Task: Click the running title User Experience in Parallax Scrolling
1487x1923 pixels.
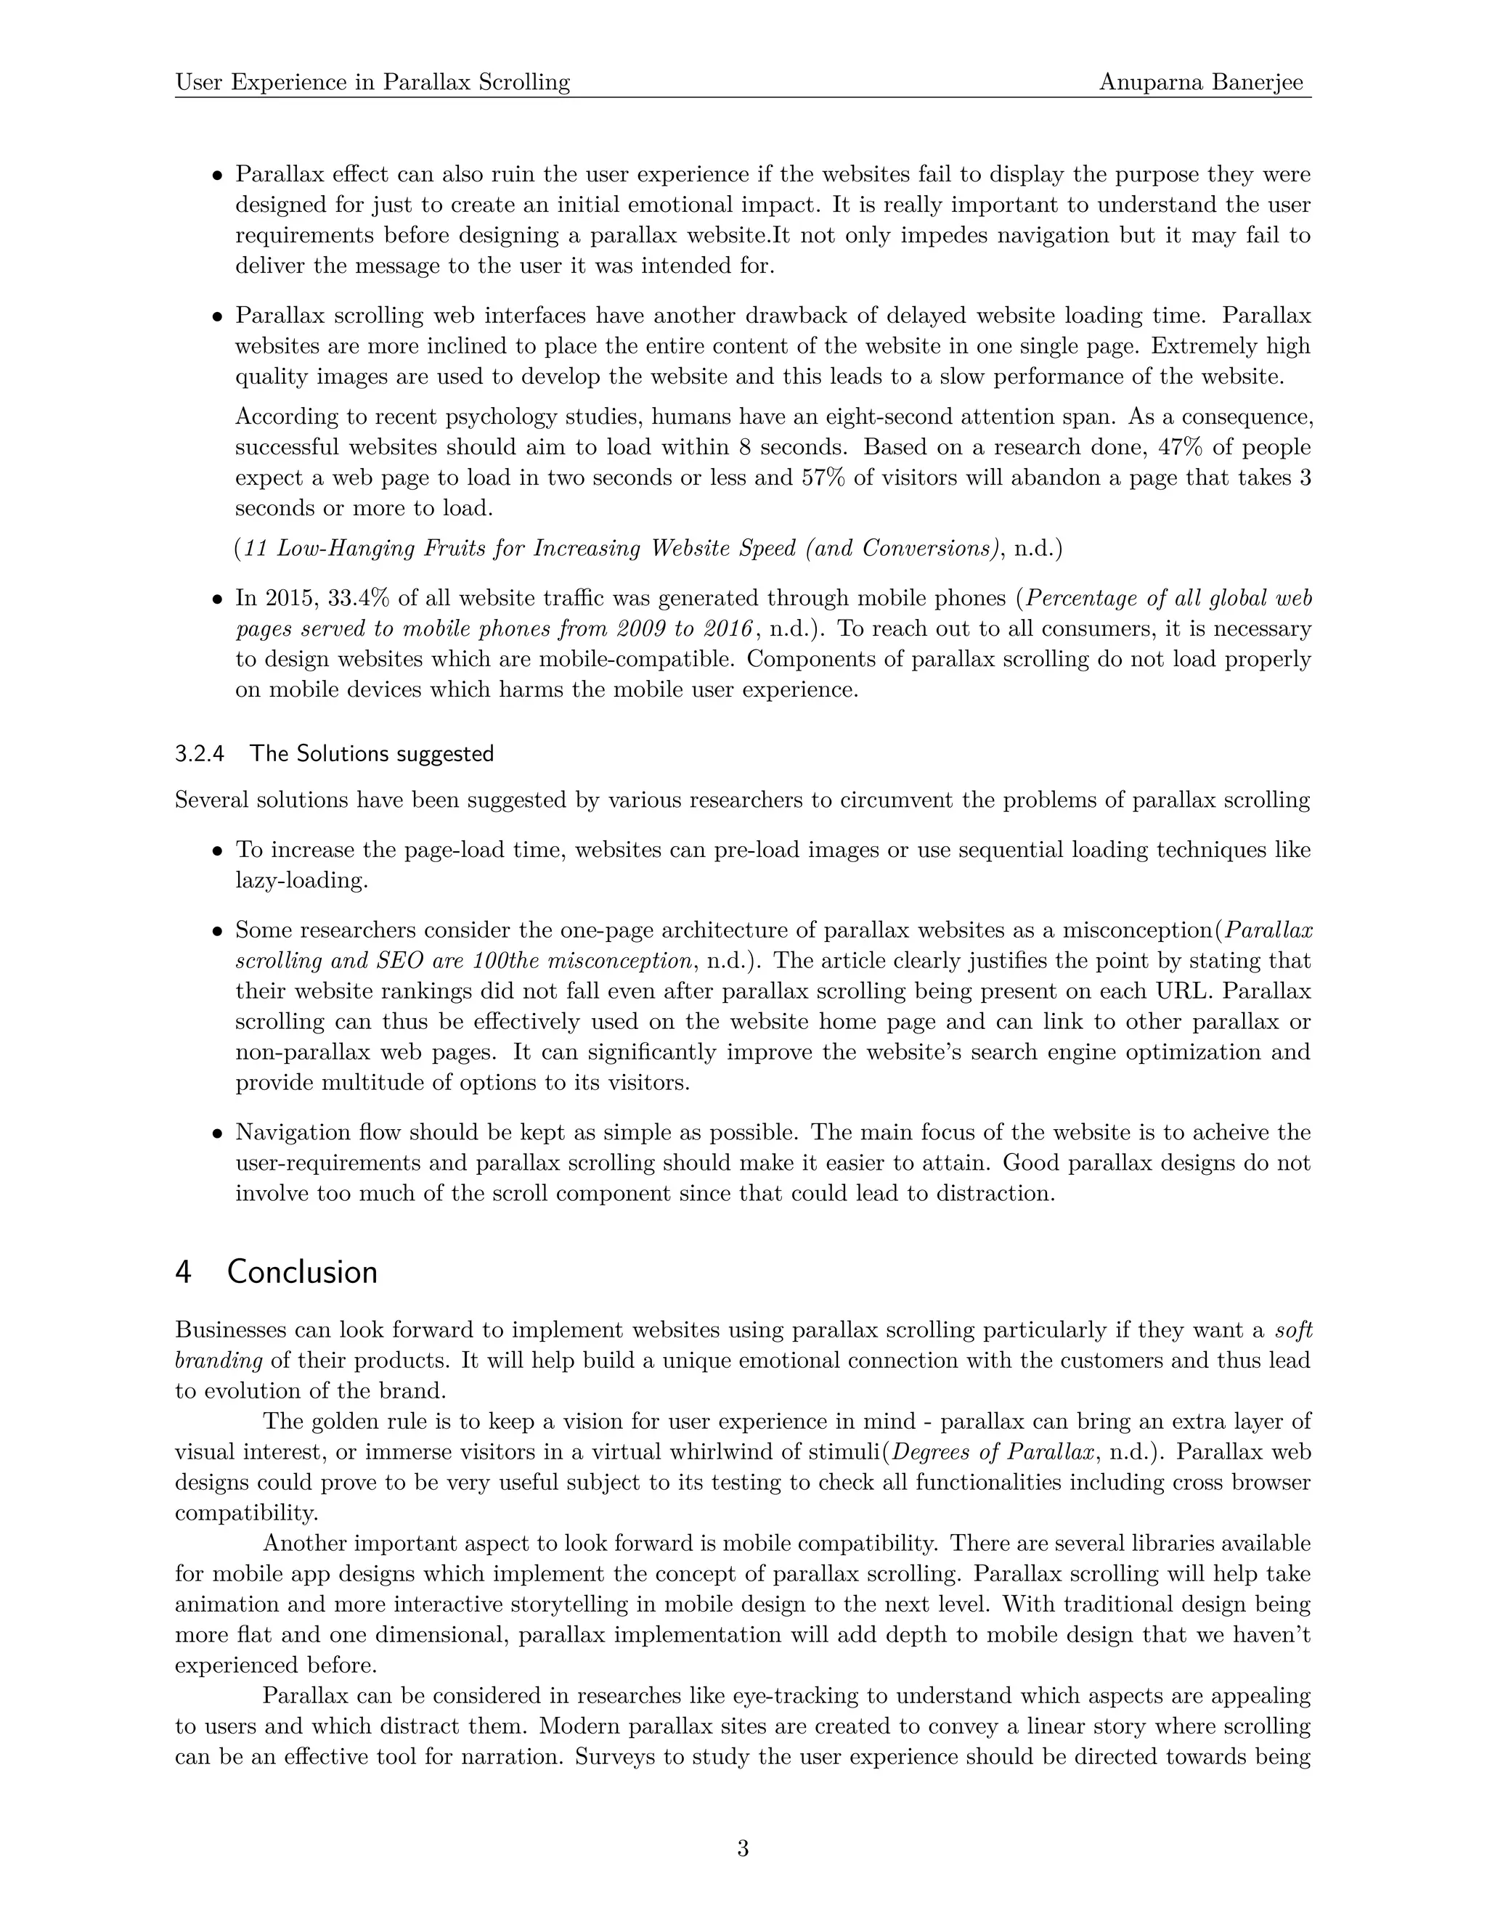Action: coord(372,83)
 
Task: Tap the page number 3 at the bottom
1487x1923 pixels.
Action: coord(743,1848)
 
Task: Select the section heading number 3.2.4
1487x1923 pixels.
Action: coord(200,754)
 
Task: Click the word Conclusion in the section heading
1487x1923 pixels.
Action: coord(302,1272)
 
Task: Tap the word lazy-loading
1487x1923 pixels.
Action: coord(301,880)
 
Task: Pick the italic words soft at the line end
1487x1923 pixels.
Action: coord(1293,1329)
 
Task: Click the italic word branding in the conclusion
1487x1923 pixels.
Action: coord(219,1361)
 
